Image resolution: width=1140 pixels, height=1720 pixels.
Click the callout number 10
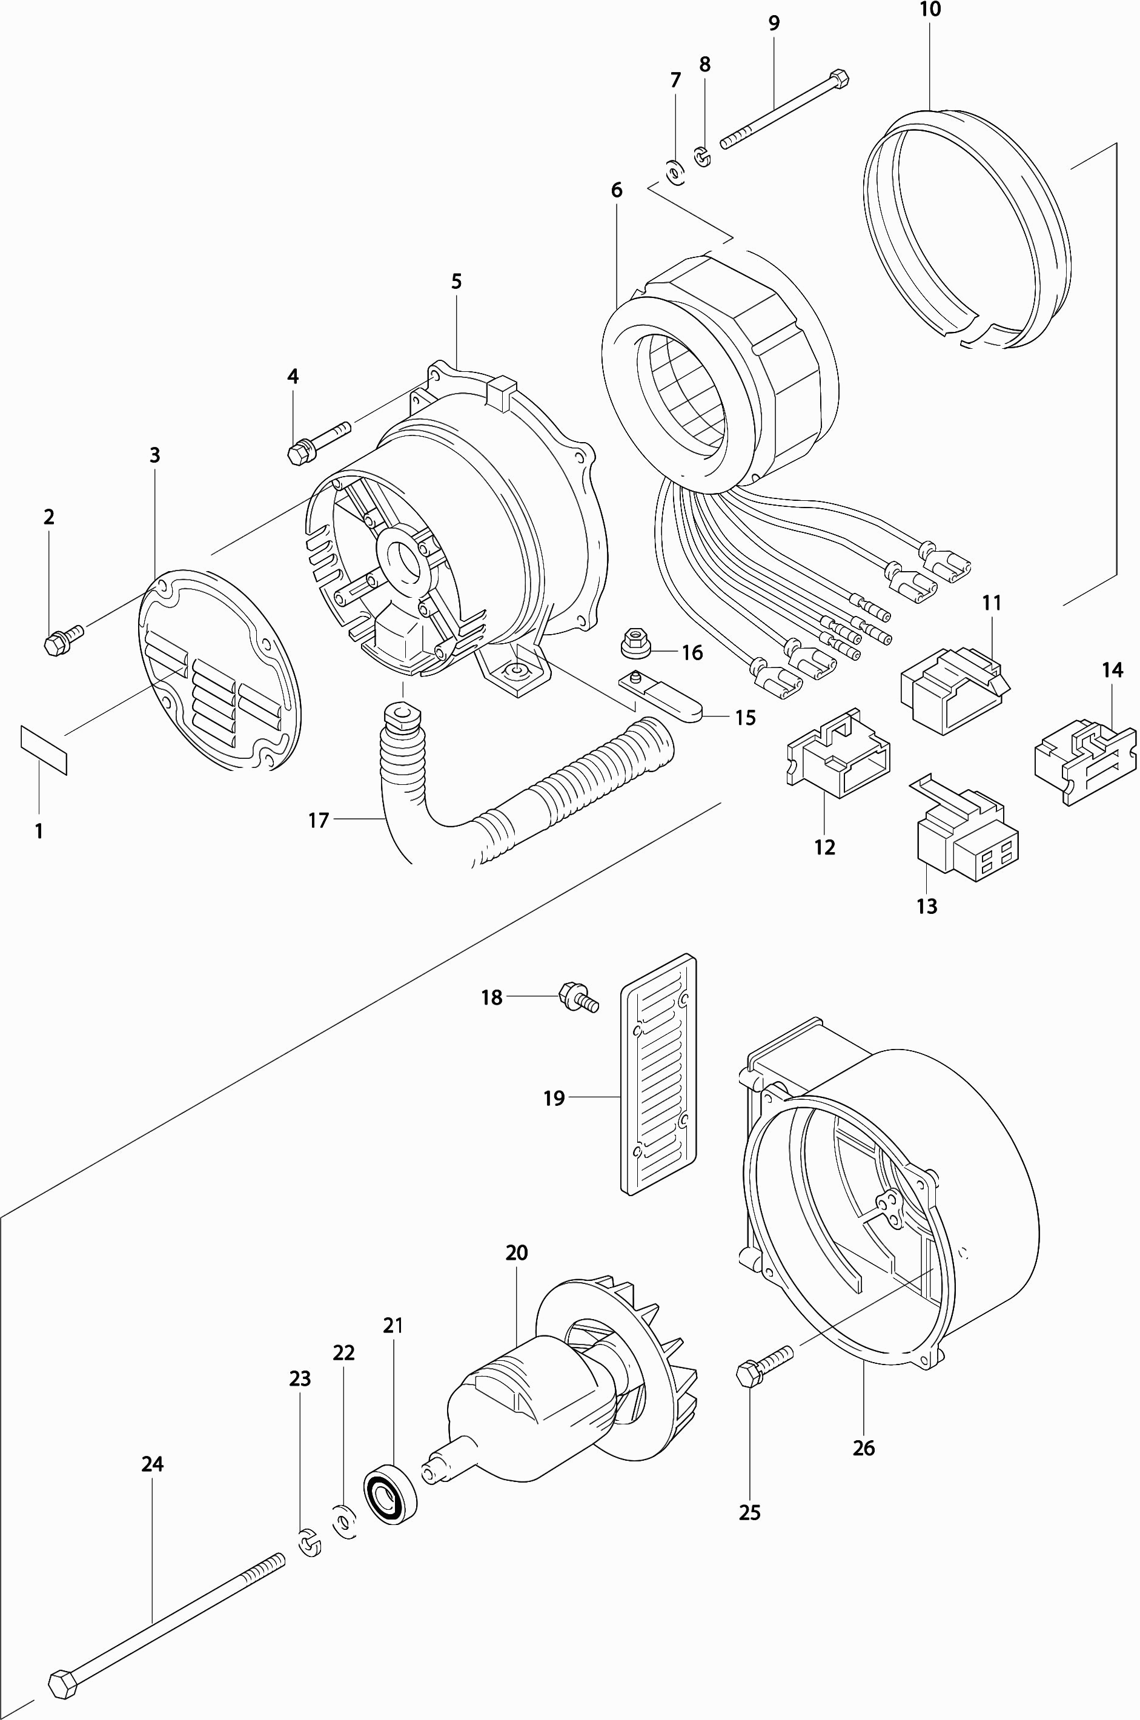[930, 10]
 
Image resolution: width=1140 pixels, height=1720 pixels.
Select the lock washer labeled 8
[701, 156]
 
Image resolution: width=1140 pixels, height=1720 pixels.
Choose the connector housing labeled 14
[1084, 762]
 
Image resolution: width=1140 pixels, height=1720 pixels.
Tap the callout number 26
[863, 1447]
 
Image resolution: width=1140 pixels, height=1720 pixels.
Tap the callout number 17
[319, 820]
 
